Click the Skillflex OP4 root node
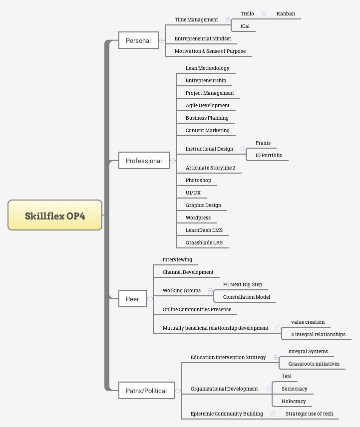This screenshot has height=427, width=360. coord(55,215)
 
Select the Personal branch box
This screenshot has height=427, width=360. coord(138,40)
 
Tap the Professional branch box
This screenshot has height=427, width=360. coord(144,161)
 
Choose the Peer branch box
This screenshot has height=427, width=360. coord(132,299)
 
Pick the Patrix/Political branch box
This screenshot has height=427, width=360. coord(146,391)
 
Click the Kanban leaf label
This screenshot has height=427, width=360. coord(286,13)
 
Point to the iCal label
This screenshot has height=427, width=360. coord(245,26)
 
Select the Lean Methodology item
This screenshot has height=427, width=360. coord(207,68)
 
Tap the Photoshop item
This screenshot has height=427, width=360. coord(198,180)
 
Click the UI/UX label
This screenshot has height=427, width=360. coord(193,193)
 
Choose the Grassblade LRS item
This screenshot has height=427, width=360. coord(204,242)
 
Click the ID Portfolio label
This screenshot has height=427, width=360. coord(269,155)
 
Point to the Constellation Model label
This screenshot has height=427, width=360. coord(246,297)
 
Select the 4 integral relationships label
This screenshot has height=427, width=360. coord(318,334)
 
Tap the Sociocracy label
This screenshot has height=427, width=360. coord(294,389)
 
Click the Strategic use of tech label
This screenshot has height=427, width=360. coord(309,414)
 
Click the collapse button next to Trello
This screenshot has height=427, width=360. coord(264,14)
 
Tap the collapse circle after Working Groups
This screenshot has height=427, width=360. coord(210,290)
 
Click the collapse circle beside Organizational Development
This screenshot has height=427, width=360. coord(269,389)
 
